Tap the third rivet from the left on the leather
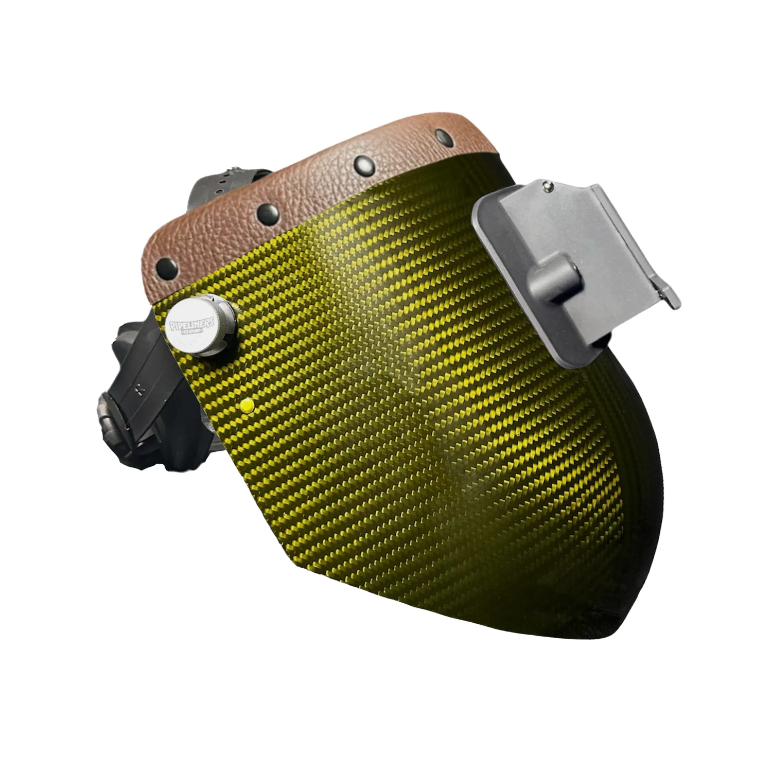coord(363,164)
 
